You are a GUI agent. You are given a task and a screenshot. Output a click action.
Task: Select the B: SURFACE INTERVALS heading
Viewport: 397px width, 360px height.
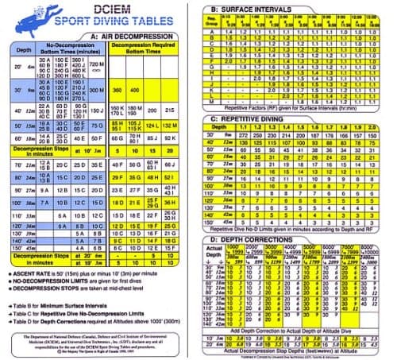247,9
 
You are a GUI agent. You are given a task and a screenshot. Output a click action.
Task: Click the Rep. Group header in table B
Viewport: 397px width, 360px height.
210,19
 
